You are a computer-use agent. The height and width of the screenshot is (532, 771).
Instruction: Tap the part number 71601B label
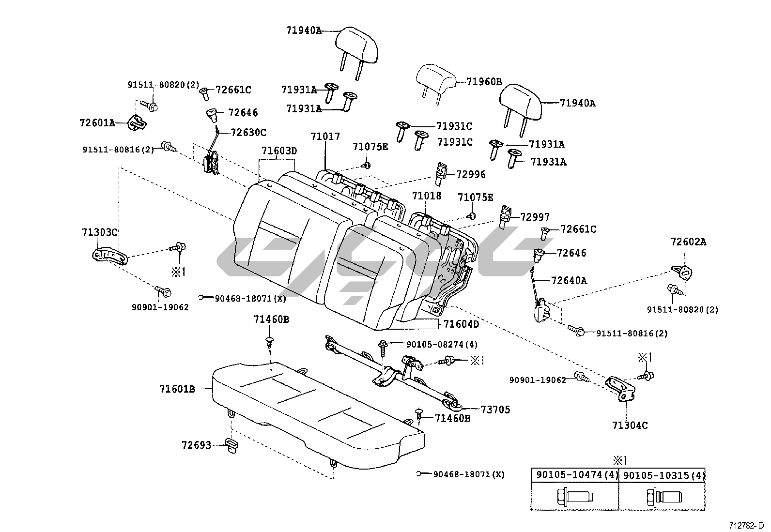(177, 389)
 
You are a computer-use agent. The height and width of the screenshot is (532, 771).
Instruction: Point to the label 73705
(495, 410)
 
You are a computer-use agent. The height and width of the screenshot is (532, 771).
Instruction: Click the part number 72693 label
(197, 445)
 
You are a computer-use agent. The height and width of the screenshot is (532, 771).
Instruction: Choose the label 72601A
(97, 123)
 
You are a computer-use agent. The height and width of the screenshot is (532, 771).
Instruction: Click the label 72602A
(688, 242)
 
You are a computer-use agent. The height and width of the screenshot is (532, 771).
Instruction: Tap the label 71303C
(99, 232)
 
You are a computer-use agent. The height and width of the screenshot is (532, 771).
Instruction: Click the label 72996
(471, 174)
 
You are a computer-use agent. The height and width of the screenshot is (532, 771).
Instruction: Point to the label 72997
(535, 217)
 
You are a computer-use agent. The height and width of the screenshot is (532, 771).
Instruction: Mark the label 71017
(325, 137)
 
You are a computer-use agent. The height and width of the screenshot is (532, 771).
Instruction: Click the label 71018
(427, 196)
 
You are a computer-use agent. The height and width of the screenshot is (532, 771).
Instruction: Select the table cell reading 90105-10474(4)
(575, 475)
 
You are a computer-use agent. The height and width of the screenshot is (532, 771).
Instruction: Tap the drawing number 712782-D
(748, 525)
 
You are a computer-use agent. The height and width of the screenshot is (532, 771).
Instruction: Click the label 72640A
(569, 280)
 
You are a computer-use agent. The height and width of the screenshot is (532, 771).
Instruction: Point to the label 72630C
(248, 132)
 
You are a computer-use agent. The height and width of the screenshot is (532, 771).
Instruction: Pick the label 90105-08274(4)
(442, 345)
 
